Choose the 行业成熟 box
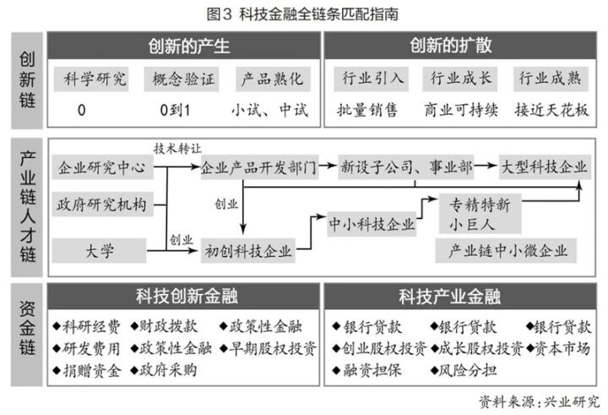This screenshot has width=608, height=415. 550,80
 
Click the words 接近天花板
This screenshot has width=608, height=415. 550,110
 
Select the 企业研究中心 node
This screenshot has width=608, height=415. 102,168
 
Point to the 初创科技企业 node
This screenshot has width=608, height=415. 248,250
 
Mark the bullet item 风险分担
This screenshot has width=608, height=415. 461,369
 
